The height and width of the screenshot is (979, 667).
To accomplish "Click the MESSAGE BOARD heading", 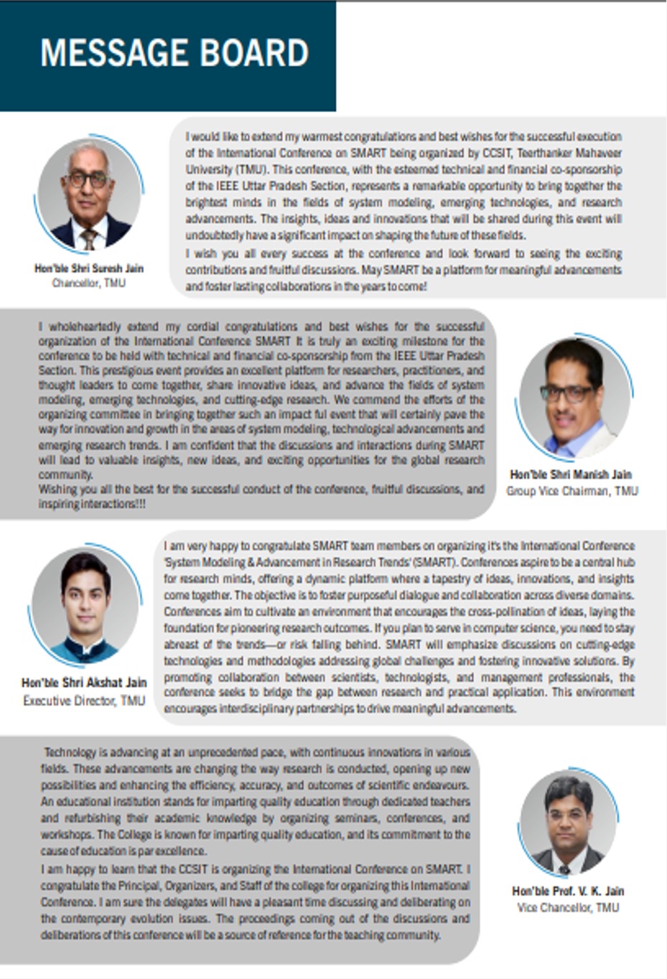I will tap(174, 53).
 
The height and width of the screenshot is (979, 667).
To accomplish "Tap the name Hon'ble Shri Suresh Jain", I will tap(89, 268).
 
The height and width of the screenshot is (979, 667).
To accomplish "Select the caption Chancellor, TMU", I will tap(89, 284).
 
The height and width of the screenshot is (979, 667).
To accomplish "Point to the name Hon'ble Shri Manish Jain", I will tap(572, 474).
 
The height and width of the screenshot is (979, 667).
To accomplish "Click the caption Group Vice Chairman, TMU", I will tap(572, 491).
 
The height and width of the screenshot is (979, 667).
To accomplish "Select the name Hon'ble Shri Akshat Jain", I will tap(84, 683).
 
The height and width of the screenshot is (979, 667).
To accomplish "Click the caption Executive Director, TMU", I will tap(84, 700).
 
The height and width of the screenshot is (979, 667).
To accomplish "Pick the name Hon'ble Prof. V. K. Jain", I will tap(568, 891).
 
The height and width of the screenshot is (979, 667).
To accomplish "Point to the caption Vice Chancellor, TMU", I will tap(568, 907).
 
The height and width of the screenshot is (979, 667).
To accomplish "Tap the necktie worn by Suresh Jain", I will tap(89, 238).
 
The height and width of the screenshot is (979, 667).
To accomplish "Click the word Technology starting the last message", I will tap(70, 752).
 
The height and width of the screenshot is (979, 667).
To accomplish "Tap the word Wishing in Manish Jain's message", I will tap(57, 489).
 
